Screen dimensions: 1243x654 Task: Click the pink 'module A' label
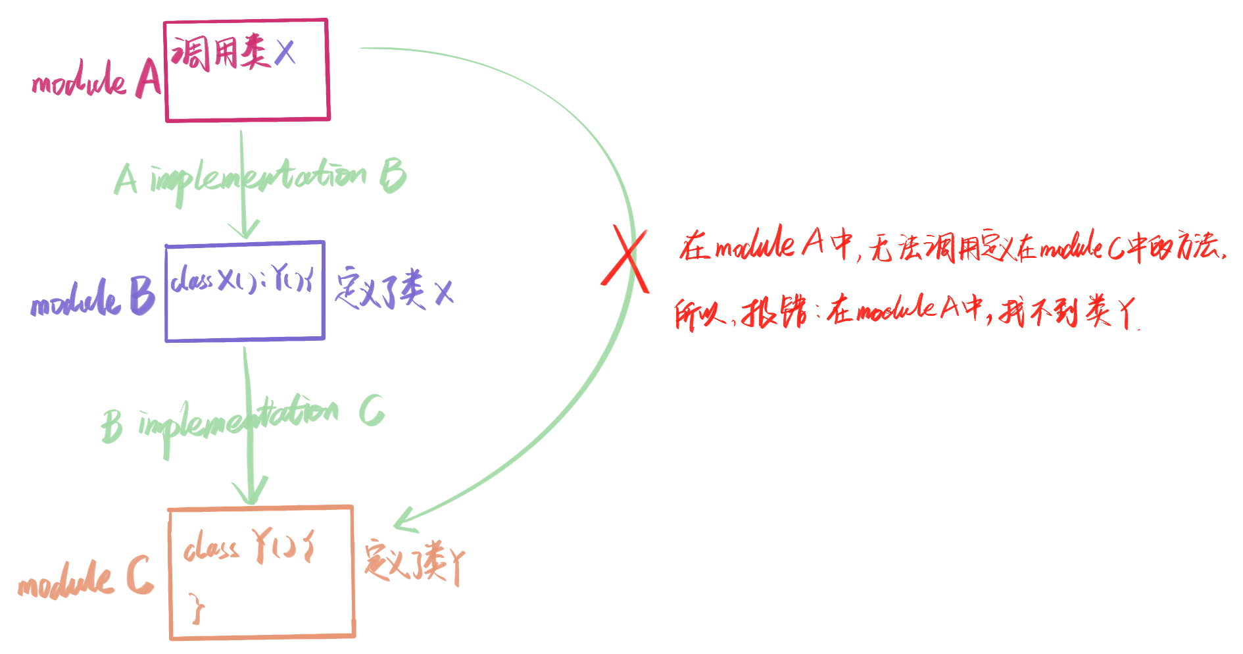click(x=96, y=80)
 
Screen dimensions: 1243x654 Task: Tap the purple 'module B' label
click(x=92, y=297)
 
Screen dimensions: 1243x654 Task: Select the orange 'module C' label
click(x=86, y=578)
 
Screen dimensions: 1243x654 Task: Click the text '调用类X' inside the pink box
click(x=233, y=52)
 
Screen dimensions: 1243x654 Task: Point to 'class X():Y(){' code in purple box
click(x=242, y=281)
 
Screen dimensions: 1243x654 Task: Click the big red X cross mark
click(x=625, y=259)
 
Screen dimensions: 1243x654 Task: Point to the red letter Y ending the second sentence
click(x=1127, y=313)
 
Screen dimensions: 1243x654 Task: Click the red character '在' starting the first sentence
click(x=694, y=247)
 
